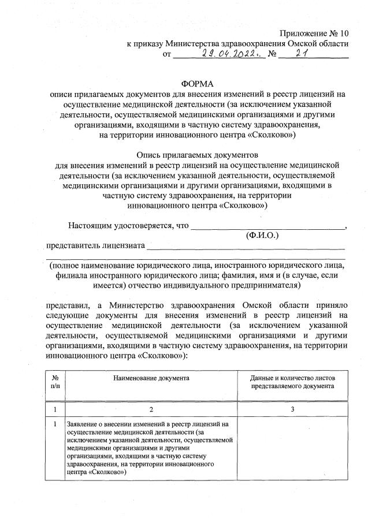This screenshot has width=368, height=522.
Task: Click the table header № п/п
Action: click(x=55, y=382)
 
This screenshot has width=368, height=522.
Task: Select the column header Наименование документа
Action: click(x=151, y=378)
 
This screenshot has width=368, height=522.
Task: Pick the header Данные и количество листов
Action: click(x=292, y=378)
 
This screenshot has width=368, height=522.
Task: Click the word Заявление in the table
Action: click(x=83, y=424)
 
